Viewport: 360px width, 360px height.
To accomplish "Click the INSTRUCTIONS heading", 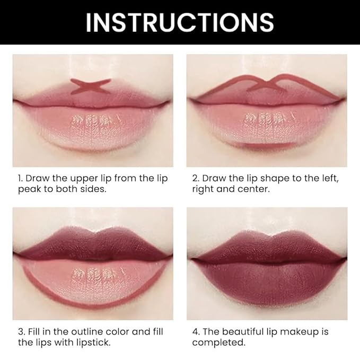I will (180, 22).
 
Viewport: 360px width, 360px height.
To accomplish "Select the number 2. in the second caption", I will (196, 178).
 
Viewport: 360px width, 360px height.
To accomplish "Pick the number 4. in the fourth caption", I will (196, 332).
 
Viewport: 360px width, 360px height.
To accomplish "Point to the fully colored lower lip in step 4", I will (267, 280).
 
